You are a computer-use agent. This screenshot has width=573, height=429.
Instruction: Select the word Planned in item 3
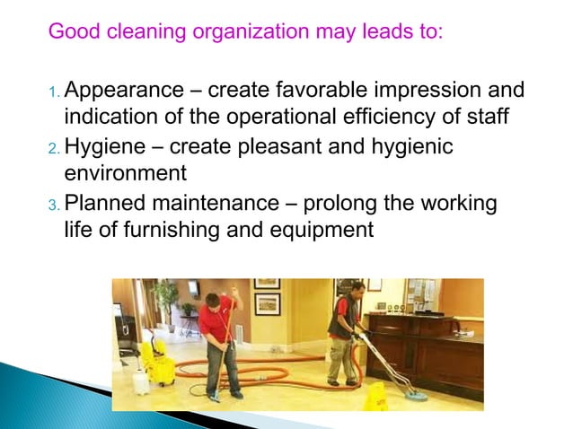coord(105,203)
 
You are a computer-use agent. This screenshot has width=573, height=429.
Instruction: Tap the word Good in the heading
coord(71,32)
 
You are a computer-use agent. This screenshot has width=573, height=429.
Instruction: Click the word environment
coord(125,172)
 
